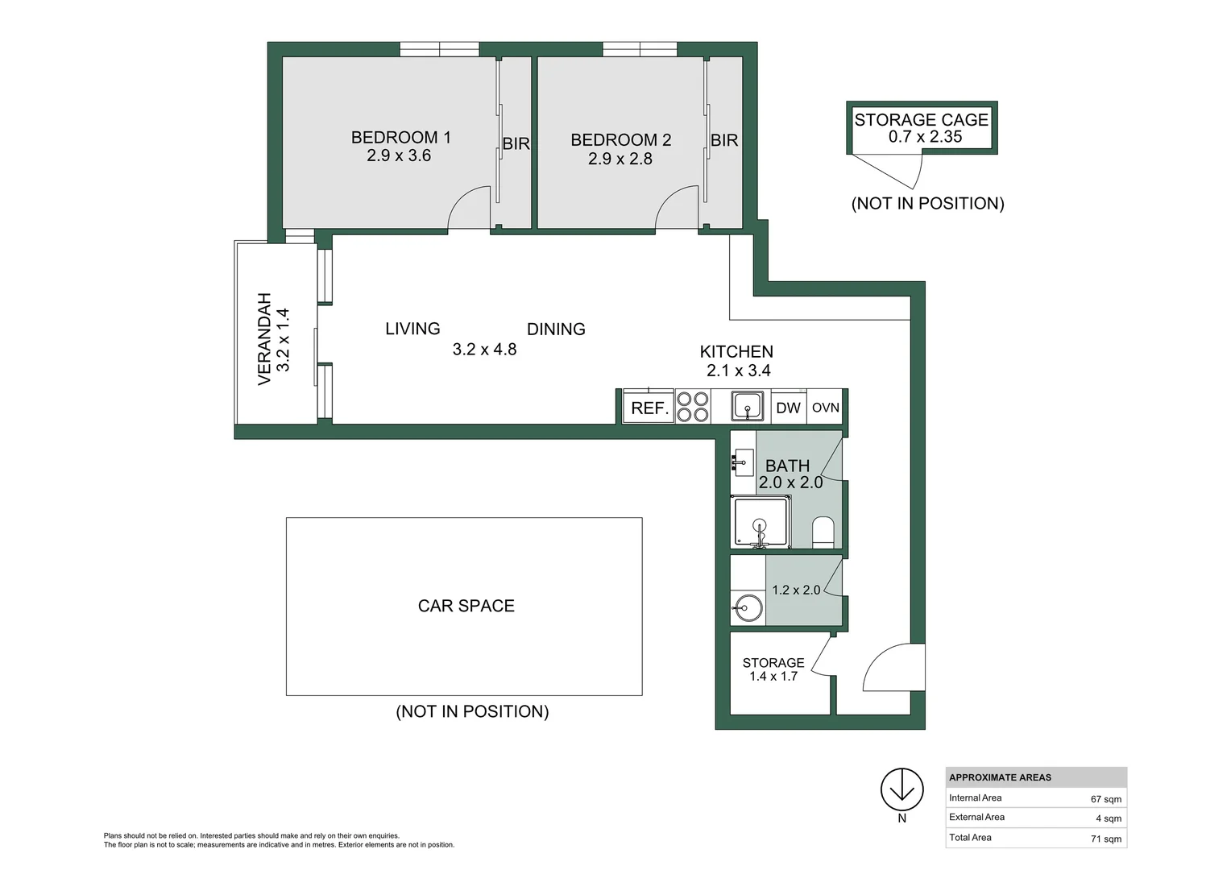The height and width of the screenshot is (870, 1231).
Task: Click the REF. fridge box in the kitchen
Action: (x=649, y=407)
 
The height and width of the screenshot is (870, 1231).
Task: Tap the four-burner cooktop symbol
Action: (x=692, y=407)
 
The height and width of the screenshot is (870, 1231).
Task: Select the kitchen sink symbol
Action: (x=748, y=406)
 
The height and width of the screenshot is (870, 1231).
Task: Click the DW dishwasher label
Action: (x=788, y=408)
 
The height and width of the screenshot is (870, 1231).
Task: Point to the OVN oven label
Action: (x=825, y=408)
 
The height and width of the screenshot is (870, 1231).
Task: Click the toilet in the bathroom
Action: (x=823, y=532)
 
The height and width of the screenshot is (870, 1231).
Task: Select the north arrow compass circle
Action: (x=901, y=789)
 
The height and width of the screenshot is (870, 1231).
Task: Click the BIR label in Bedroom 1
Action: (x=516, y=143)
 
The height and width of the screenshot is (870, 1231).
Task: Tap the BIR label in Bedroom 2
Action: (x=723, y=140)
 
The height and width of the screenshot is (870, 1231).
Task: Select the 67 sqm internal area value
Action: (x=1105, y=799)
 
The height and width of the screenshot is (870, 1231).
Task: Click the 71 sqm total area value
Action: (x=1105, y=839)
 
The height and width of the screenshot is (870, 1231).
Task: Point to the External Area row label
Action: (x=976, y=817)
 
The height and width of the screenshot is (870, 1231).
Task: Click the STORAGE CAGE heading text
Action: (x=921, y=120)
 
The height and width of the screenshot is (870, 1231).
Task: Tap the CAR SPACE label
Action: (x=466, y=606)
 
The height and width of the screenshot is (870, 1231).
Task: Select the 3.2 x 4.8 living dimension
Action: (x=484, y=350)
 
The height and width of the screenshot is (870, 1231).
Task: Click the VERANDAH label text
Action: (x=264, y=338)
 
